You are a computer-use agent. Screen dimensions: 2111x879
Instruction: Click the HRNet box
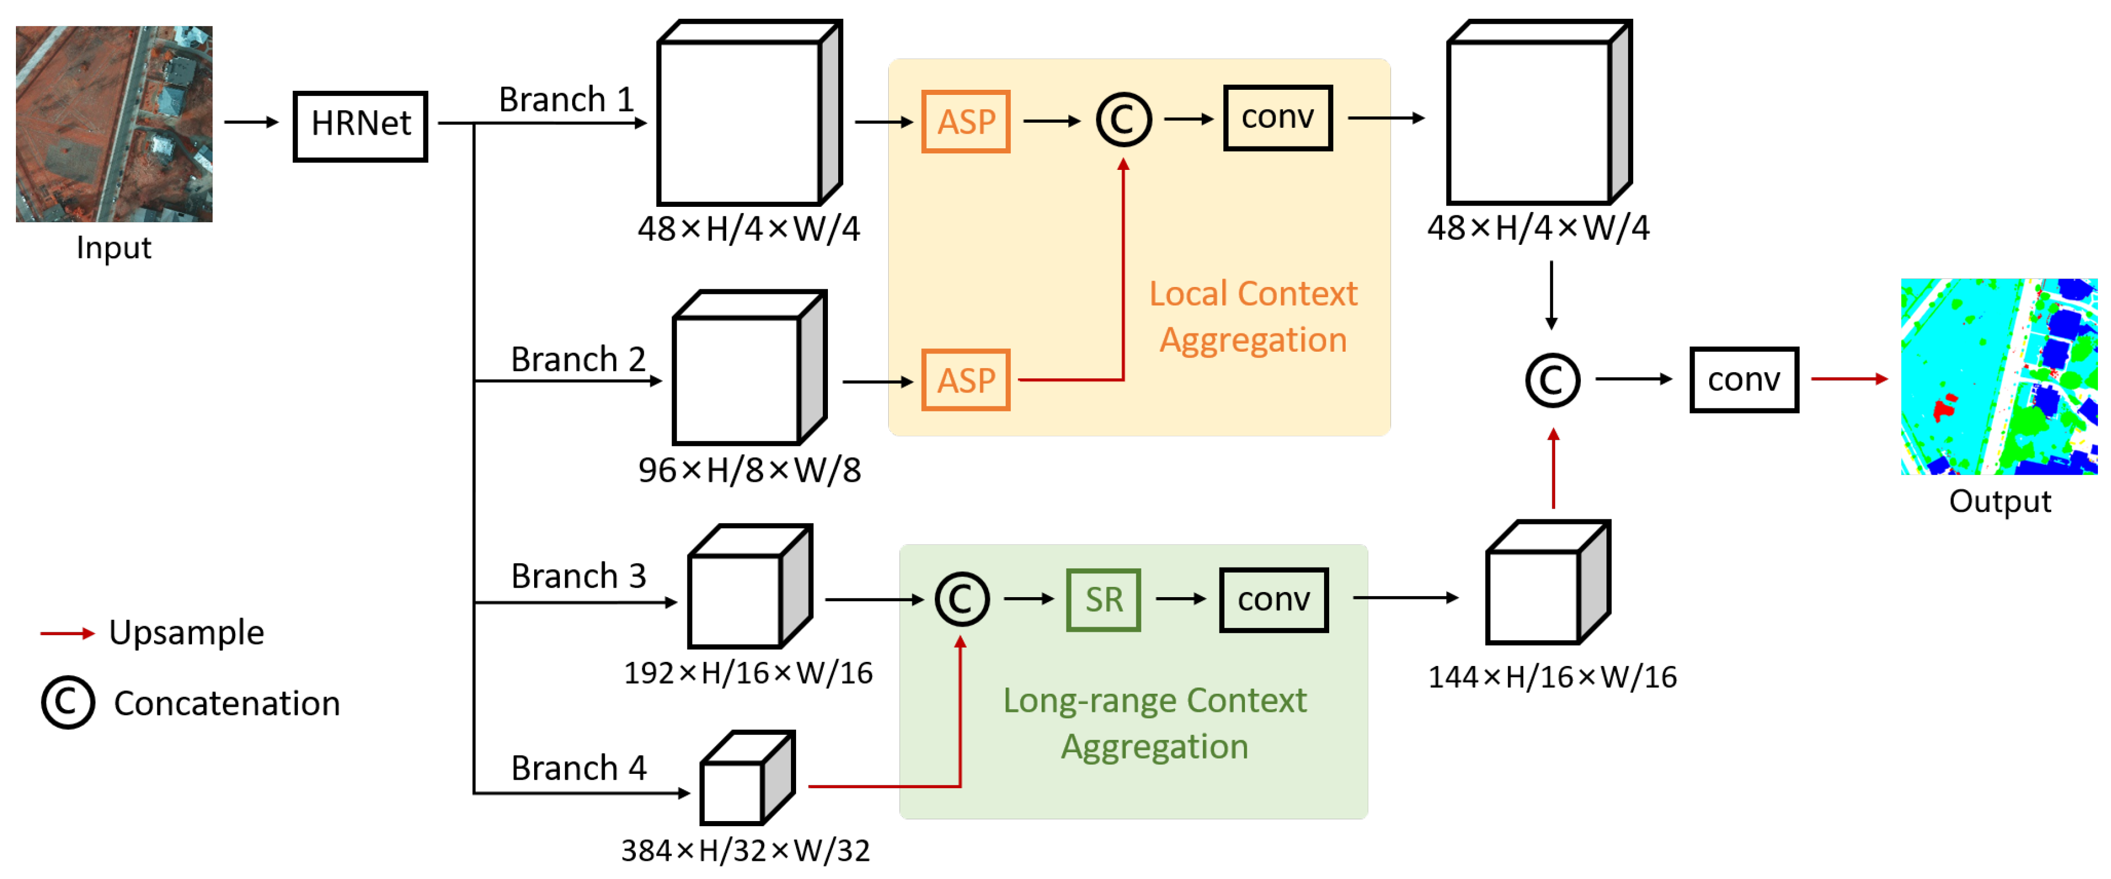[361, 126]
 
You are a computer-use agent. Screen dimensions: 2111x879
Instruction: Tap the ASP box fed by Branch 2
[965, 380]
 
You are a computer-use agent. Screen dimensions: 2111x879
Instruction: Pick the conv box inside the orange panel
[1277, 118]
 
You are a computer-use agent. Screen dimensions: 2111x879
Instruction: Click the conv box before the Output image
[1744, 380]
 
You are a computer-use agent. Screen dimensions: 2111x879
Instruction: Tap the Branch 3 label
[578, 576]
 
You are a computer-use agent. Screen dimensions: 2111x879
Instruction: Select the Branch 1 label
[567, 99]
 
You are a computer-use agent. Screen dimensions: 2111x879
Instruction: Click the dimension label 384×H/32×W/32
[745, 851]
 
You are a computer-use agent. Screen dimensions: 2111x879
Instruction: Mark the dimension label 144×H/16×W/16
[1552, 677]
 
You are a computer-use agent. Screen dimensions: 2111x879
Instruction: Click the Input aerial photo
[114, 124]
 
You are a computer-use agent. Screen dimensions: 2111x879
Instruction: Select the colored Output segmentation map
[1998, 376]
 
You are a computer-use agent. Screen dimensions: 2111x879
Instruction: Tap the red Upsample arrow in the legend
[67, 633]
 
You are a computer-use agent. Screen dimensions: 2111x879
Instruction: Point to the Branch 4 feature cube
[747, 778]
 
